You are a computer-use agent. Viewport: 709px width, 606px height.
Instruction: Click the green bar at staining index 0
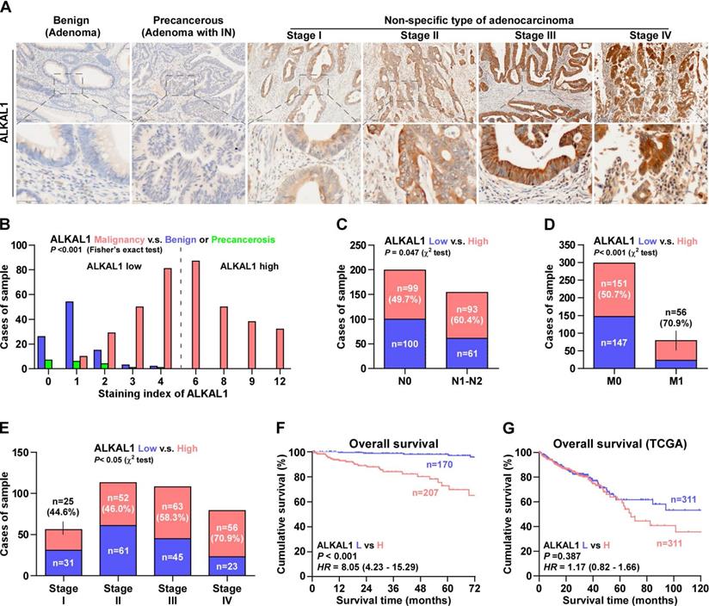(x=25, y=363)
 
